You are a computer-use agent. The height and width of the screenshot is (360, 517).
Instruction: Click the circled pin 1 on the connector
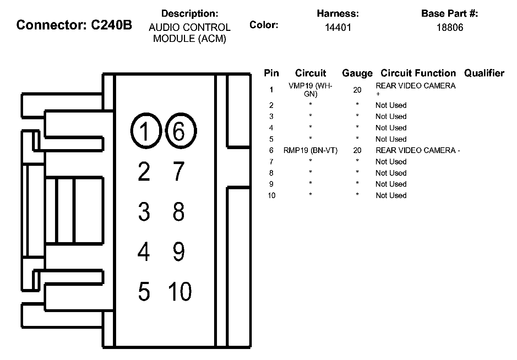(x=146, y=131)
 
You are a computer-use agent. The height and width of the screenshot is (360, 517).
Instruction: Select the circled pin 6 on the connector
(x=181, y=131)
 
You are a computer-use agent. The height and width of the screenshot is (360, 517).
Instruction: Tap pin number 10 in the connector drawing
(x=180, y=291)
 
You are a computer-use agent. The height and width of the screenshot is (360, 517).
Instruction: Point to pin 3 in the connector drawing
(x=144, y=211)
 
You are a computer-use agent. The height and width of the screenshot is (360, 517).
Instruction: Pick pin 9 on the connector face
(x=179, y=251)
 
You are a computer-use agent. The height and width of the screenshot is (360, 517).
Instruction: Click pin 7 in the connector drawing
(x=179, y=171)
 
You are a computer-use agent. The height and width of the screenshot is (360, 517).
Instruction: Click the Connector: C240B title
(x=74, y=25)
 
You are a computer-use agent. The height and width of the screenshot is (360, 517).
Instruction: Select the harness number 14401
(x=338, y=27)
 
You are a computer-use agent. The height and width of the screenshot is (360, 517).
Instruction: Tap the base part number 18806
(x=450, y=27)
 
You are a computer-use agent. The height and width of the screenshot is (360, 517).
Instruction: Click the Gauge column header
(x=357, y=73)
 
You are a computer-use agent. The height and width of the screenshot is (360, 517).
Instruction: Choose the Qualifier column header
(x=484, y=73)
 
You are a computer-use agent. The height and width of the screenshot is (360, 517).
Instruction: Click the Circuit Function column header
(x=418, y=73)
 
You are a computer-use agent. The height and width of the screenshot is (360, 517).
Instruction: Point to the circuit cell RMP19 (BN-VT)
(x=310, y=151)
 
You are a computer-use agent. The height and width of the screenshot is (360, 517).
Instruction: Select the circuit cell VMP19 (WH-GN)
(x=310, y=90)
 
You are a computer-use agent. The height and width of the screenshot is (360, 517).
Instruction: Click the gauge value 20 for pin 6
(x=357, y=151)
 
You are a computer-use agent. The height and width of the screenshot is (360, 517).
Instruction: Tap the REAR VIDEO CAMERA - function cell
(x=418, y=151)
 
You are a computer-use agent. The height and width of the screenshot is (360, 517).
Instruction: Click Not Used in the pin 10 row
(x=391, y=196)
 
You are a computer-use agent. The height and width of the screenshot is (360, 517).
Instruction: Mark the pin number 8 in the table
(x=271, y=173)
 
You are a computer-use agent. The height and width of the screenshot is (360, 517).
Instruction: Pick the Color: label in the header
(x=264, y=25)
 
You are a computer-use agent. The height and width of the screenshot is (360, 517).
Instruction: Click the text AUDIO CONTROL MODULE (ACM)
(x=190, y=33)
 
